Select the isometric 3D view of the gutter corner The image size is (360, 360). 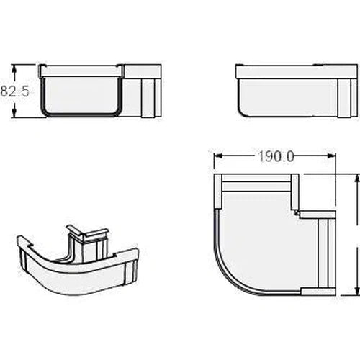(x=76, y=259)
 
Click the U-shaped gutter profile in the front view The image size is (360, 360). (x=81, y=94)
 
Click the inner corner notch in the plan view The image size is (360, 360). (x=295, y=212)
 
